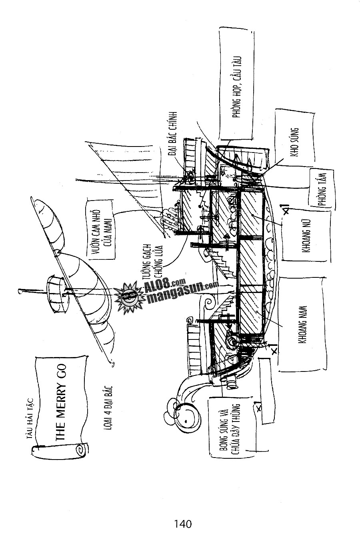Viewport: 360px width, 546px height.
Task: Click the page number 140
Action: pyautogui.click(x=183, y=523)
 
